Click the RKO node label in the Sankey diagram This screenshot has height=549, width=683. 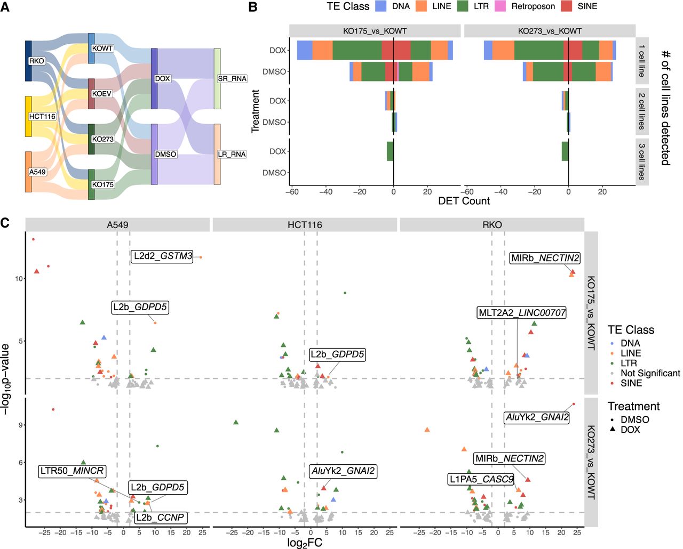pyautogui.click(x=37, y=61)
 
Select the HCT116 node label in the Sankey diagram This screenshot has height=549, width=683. pyautogui.click(x=42, y=116)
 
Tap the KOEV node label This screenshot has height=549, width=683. pyautogui.click(x=102, y=94)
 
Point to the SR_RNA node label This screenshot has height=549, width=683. pyautogui.click(x=232, y=78)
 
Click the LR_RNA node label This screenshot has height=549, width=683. pyautogui.click(x=232, y=154)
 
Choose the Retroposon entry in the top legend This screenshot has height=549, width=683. pyautogui.click(x=533, y=6)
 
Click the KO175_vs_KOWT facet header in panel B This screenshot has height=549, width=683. pyautogui.click(x=375, y=31)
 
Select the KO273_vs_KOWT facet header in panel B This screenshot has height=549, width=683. pyautogui.click(x=550, y=31)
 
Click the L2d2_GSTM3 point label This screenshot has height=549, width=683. pyautogui.click(x=163, y=256)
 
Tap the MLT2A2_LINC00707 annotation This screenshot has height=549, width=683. pyautogui.click(x=522, y=313)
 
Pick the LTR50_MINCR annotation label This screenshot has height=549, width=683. pyautogui.click(x=72, y=471)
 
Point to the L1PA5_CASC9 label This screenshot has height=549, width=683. pyautogui.click(x=481, y=479)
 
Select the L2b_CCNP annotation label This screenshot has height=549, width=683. pyautogui.click(x=160, y=517)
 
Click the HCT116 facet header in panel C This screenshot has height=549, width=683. pyautogui.click(x=305, y=225)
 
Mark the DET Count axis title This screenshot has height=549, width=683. pyautogui.click(x=464, y=201)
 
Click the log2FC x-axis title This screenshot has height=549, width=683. pyautogui.click(x=305, y=543)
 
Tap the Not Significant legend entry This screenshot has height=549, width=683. pyautogui.click(x=650, y=373)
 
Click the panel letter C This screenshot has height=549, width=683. pyautogui.click(x=5, y=222)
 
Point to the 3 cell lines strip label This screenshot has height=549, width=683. pyautogui.click(x=642, y=162)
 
